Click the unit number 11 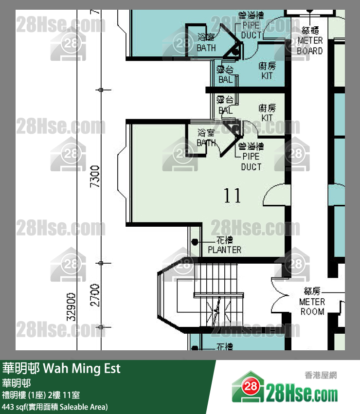tap(233, 196)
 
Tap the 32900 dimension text tap(71, 306)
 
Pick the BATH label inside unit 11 tap(206, 138)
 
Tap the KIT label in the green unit tap(267, 113)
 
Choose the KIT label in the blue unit tap(267, 71)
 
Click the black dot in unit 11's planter tap(196, 242)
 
